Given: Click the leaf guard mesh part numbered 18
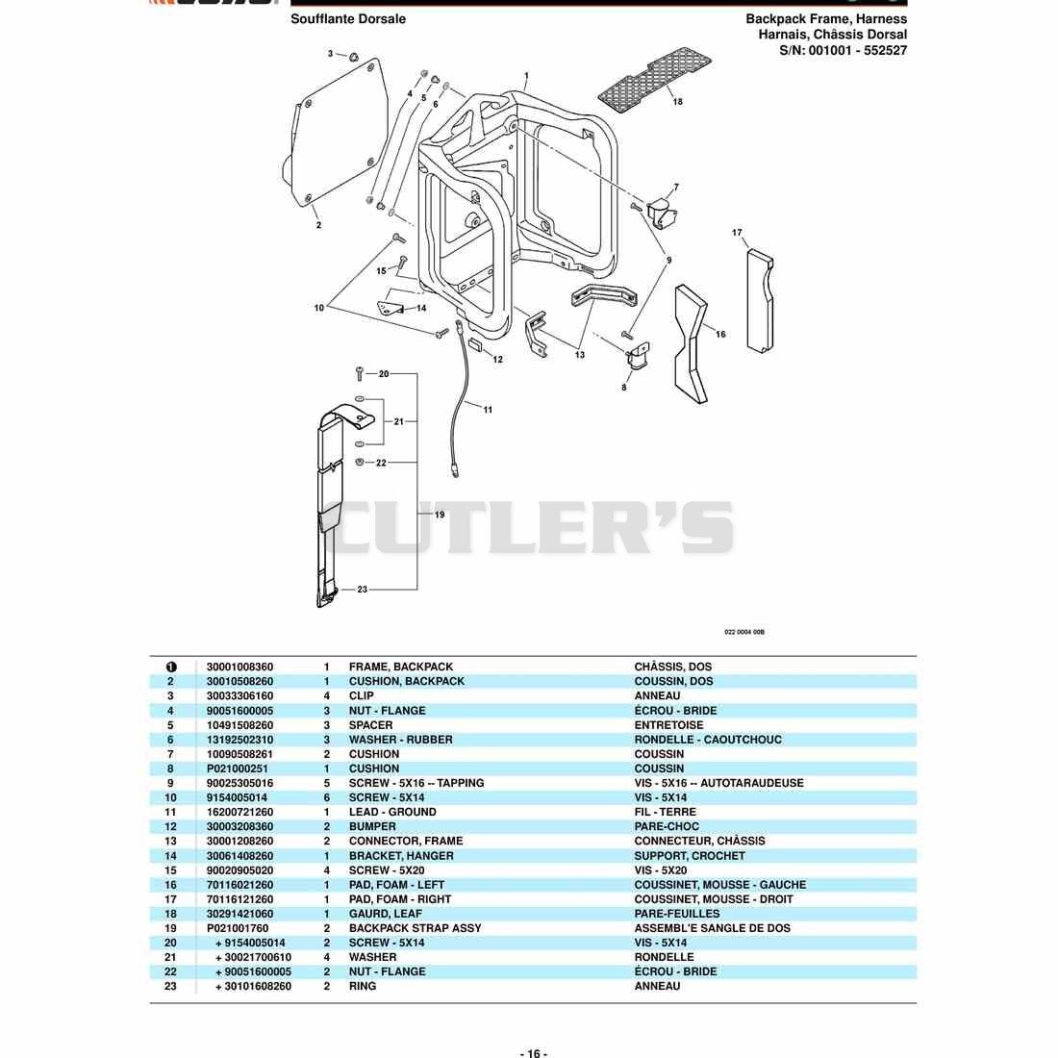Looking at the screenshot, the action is pos(654,80).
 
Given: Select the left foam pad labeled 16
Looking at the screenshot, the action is pos(691,344).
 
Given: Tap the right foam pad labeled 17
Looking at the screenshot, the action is pos(760,301).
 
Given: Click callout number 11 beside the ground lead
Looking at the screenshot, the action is pos(488,410).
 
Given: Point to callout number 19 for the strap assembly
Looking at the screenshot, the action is pos(440,515).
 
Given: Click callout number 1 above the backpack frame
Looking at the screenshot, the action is pos(526,76).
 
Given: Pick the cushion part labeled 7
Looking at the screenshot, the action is pos(662,214).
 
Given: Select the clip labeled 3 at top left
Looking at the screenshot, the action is pos(353,57).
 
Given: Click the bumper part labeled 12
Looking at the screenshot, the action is pos(476,345).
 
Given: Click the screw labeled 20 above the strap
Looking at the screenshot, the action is pos(360,373).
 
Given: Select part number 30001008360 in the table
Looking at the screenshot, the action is pos(239,667).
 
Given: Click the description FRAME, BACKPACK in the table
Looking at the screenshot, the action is pos(401,667).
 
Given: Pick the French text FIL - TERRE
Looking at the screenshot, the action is pos(665,812).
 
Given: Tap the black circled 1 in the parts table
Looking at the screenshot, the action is pos(170,667).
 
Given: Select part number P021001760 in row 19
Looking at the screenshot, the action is pos(238,928).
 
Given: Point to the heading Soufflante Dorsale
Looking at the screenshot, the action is pos(348,19).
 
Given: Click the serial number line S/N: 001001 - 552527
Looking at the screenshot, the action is pos(843,50).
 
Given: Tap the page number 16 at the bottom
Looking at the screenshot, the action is pos(533,1053).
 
